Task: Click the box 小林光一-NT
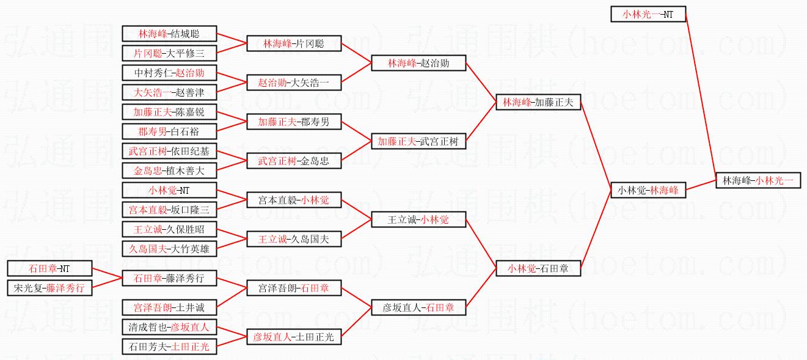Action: point(648,14)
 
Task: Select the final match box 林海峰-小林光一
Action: point(758,180)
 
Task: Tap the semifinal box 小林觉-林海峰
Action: point(648,190)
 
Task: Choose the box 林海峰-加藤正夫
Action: point(538,102)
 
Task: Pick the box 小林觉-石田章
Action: point(538,268)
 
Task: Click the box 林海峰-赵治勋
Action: point(418,63)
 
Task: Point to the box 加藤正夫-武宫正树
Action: point(418,141)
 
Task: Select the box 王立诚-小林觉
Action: point(418,219)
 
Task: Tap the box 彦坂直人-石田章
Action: point(418,307)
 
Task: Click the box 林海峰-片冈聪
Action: point(294,43)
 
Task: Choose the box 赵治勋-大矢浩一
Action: point(294,83)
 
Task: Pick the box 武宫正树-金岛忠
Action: point(294,161)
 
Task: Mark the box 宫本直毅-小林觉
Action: point(294,200)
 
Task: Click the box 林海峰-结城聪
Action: point(169,34)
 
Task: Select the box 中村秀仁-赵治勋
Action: point(169,73)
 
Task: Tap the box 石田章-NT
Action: point(49,268)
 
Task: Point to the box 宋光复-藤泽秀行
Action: point(49,287)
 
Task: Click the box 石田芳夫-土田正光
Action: point(169,347)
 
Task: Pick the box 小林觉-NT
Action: point(169,190)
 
